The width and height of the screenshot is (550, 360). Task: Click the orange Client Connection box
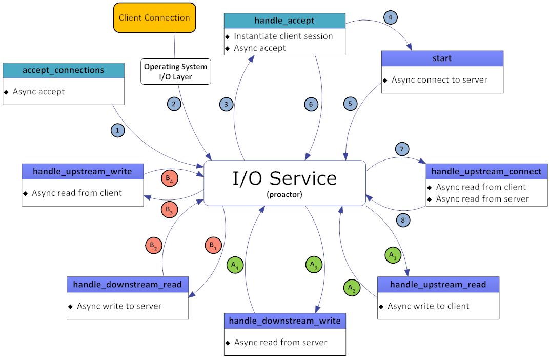pos(154,17)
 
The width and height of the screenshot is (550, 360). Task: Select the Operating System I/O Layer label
pos(175,72)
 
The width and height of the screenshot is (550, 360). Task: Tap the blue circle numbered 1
pos(118,131)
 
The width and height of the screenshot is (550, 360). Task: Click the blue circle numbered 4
pos(391,17)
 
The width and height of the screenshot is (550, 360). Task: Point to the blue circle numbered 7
pos(402,149)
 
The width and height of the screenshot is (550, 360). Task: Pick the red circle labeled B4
pos(169,178)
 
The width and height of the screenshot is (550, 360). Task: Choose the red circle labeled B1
pos(212,246)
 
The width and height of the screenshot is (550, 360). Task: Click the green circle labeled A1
pos(392,254)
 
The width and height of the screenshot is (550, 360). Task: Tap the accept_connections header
pos(64,70)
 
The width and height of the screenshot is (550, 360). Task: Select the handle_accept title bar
pos(284,21)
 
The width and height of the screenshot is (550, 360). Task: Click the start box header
pos(442,58)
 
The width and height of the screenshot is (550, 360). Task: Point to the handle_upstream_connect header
pos(486,171)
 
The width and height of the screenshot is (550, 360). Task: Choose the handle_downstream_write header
pos(284,321)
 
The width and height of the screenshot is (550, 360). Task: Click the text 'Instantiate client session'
pos(283,36)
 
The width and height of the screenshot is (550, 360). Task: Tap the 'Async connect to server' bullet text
pos(439,80)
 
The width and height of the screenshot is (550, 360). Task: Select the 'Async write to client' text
pos(428,306)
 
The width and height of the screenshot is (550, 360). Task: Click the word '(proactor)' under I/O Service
pos(284,195)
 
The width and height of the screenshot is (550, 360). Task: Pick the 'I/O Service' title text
pos(284,178)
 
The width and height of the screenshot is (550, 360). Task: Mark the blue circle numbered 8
pos(403,221)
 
